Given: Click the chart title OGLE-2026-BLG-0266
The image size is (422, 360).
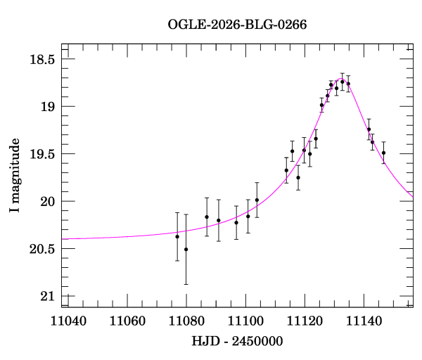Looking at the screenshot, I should (238, 25).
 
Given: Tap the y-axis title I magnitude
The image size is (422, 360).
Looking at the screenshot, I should (15, 176).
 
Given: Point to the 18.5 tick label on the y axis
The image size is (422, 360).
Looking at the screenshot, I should (41, 59).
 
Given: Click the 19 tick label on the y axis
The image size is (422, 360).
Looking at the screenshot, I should (47, 107).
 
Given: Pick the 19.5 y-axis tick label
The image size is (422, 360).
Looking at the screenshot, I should (41, 154).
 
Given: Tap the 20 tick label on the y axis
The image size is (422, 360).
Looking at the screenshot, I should (47, 202).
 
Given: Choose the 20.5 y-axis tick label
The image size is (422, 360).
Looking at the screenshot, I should (41, 249).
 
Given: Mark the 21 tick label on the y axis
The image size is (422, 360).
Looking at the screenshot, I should (47, 296).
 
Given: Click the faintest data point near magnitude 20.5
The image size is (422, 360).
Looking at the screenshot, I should (186, 249).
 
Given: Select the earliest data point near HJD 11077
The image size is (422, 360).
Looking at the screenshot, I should (177, 236).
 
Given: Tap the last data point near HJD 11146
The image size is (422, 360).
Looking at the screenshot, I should (383, 153).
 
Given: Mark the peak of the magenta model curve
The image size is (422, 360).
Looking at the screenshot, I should (340, 79).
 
